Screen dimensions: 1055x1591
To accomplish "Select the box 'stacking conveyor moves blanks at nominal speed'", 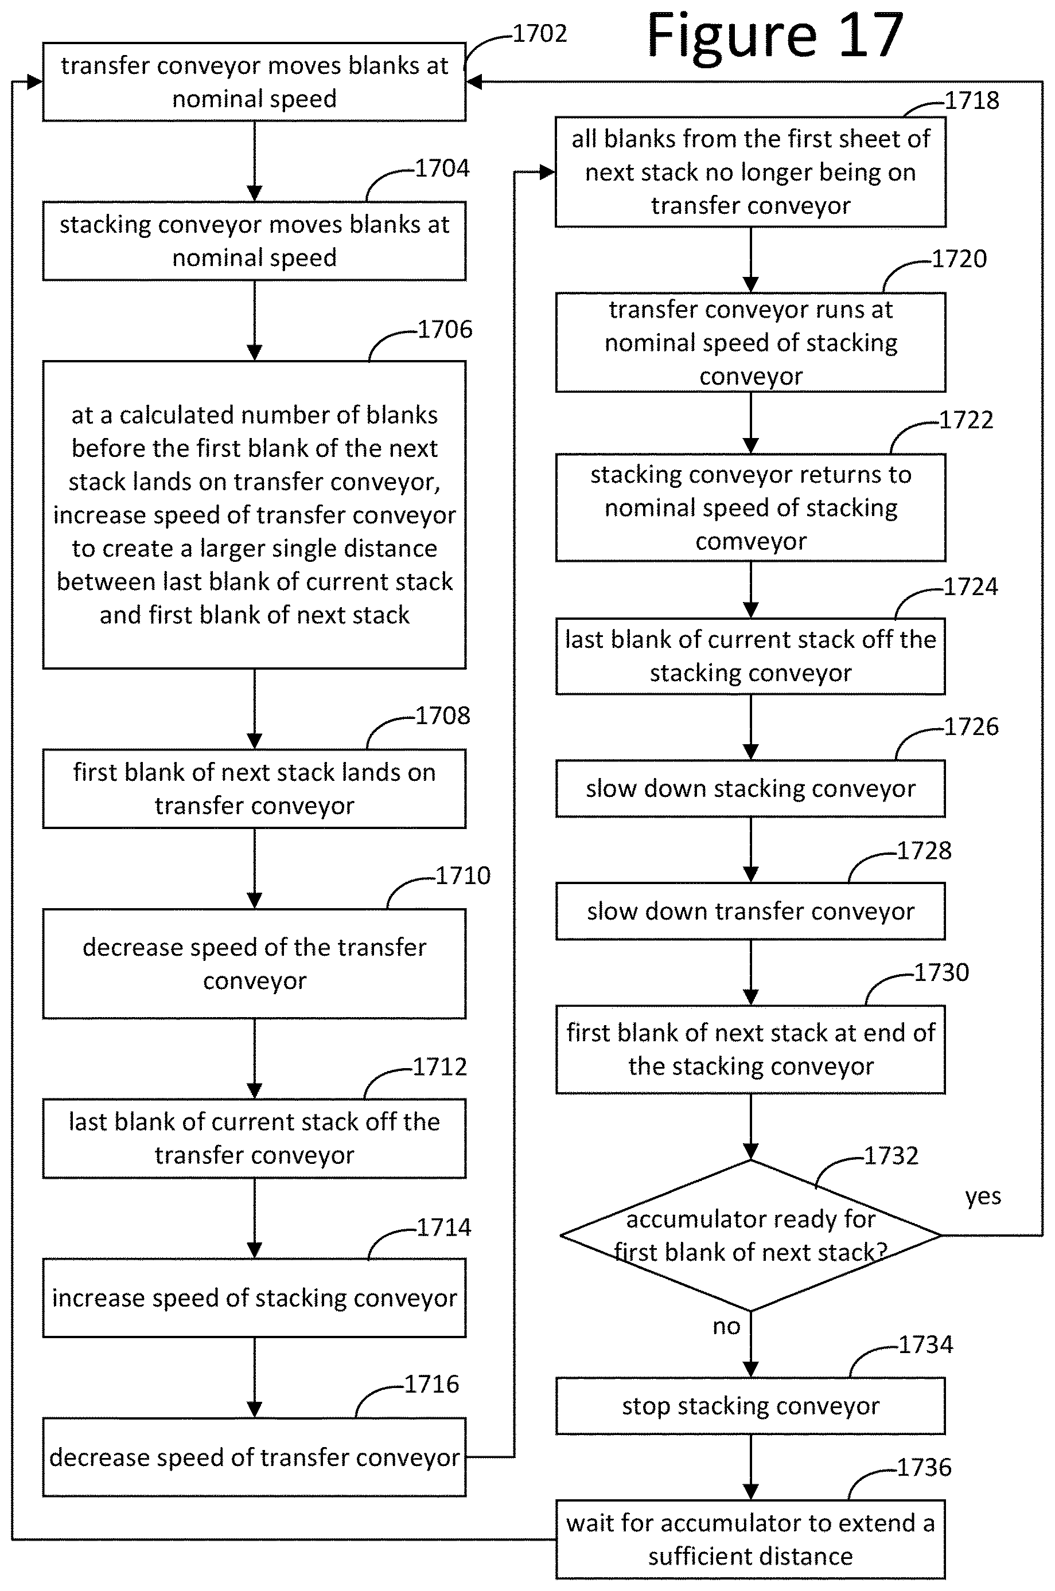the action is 254,241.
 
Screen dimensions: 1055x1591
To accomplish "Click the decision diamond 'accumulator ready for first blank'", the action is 750,1236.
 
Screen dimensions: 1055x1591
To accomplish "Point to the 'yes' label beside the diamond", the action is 983,1197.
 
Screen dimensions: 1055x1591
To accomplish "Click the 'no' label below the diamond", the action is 727,1326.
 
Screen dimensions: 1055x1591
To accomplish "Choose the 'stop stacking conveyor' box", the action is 750,1406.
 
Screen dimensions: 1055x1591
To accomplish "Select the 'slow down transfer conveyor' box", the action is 750,911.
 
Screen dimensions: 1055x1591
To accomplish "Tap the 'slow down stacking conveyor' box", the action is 750,789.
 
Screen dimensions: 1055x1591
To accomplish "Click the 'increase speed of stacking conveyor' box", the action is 254,1298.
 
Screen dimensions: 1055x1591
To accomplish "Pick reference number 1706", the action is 445,329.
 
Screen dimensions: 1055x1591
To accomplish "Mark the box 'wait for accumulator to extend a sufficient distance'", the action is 750,1539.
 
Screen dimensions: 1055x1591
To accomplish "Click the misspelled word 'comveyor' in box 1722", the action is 751,541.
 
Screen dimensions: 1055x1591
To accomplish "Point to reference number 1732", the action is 891,1155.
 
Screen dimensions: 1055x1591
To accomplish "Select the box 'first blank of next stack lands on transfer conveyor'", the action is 254,789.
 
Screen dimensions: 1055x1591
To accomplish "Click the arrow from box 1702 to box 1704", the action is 254,161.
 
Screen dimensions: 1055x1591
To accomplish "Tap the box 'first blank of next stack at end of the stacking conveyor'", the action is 750,1050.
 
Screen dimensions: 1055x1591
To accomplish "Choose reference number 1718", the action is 972,100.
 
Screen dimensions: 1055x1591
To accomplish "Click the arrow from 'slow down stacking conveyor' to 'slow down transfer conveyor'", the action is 751,850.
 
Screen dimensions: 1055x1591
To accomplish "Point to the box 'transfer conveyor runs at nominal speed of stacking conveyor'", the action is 750,342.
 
